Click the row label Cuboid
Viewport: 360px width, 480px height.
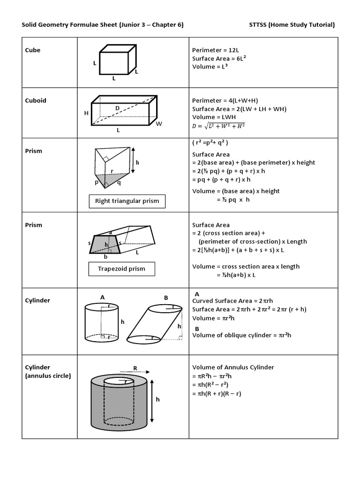pyautogui.click(x=35, y=100)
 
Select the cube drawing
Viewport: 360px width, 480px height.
pyautogui.click(x=117, y=60)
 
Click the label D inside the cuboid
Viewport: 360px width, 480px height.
pyautogui.click(x=118, y=108)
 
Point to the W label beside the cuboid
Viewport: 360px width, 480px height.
pyautogui.click(x=158, y=124)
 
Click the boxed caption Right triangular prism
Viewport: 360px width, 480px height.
pyautogui.click(x=127, y=201)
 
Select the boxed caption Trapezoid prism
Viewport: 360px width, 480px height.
pyautogui.click(x=121, y=269)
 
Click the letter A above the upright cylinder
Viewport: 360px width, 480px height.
pyautogui.click(x=102, y=297)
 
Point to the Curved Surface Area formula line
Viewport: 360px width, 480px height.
pyautogui.click(x=229, y=301)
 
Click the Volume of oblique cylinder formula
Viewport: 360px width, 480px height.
pyautogui.click(x=242, y=335)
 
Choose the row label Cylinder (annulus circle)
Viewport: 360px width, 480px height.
pyautogui.click(x=45, y=371)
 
